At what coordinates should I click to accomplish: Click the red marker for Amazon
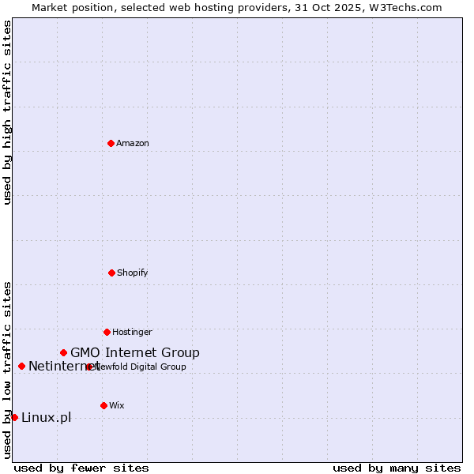click(111, 143)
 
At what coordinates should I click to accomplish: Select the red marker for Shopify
click(111, 273)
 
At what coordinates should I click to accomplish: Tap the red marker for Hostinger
click(107, 332)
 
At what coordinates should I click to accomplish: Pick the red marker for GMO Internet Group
click(63, 352)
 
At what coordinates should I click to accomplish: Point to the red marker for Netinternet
click(21, 366)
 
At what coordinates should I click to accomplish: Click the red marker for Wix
click(103, 405)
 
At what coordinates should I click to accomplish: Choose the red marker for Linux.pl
click(14, 417)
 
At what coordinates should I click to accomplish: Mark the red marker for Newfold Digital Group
click(89, 367)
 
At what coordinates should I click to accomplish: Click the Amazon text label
click(133, 144)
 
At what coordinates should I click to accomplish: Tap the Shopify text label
click(133, 273)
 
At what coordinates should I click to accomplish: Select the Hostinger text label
click(132, 333)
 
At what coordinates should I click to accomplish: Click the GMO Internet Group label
click(135, 353)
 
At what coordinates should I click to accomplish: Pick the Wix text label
click(117, 406)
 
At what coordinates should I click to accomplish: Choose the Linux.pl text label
click(46, 418)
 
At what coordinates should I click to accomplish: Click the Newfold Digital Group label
click(142, 367)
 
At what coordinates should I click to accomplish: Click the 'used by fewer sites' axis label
click(81, 468)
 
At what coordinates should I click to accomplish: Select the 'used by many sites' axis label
click(397, 468)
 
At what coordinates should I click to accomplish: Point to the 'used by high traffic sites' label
click(7, 112)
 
